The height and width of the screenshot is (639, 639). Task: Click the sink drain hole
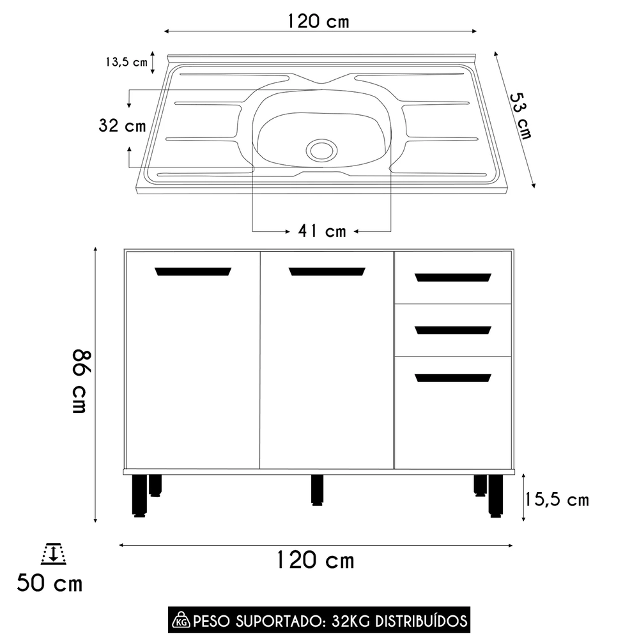[x=321, y=150]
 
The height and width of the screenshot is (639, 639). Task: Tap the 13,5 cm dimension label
[x=126, y=62]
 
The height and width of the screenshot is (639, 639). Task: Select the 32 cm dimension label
[x=122, y=126]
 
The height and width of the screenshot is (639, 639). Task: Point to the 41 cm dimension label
[x=321, y=231]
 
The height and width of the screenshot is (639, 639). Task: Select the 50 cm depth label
[x=49, y=583]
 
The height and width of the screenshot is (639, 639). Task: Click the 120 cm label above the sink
[x=318, y=21]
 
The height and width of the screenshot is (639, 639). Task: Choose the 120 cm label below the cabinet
[x=315, y=560]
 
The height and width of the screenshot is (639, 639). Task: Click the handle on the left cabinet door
[x=193, y=272]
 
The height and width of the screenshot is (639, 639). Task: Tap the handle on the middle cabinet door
[x=327, y=272]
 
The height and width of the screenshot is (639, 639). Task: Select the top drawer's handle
[x=453, y=277]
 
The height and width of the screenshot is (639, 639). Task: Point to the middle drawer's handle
[x=453, y=330]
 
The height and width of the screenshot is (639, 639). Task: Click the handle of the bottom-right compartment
[x=453, y=378]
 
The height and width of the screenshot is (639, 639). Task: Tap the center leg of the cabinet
[x=317, y=489]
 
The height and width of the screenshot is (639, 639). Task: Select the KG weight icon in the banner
[x=180, y=620]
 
